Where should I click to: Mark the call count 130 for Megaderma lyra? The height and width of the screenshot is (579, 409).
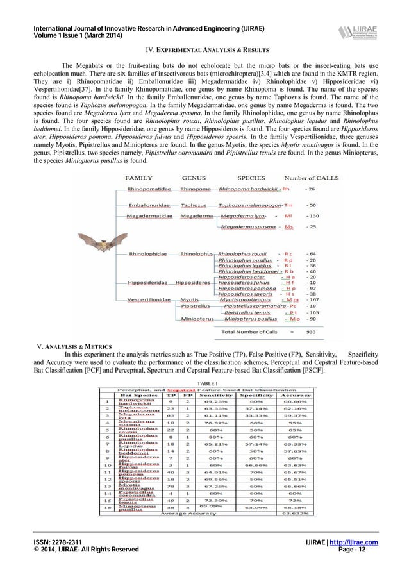point(315,217)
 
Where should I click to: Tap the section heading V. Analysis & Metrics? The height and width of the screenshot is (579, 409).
point(72,347)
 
